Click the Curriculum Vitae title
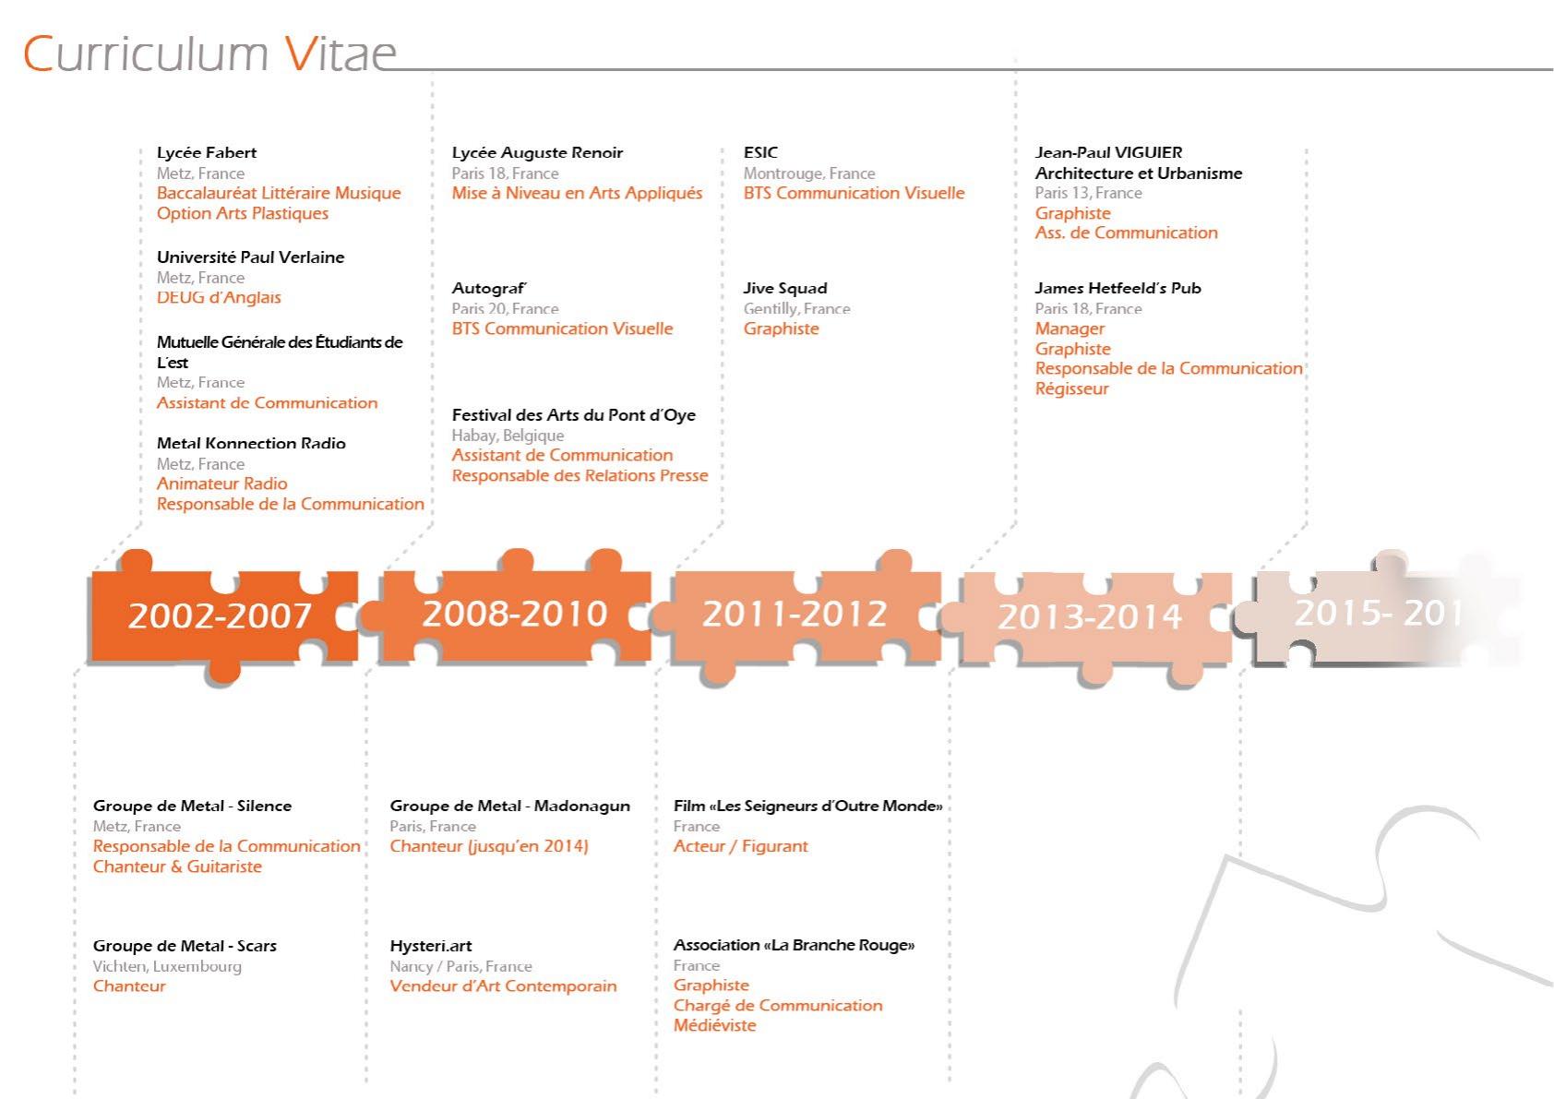pos(209,54)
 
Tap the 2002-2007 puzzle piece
pos(223,615)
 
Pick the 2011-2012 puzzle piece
pos(798,614)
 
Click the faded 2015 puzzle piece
pos(1377,613)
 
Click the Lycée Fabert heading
pos(206,152)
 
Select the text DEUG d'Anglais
pos(219,298)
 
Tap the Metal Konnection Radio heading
pos(251,443)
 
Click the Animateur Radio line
pos(222,484)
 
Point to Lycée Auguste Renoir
pos(537,152)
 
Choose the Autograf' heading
pos(489,288)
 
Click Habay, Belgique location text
pos(508,436)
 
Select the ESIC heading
pos(760,152)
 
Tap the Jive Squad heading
pos(785,288)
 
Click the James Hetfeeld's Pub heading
pos(1118,288)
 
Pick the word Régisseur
pos(1072,388)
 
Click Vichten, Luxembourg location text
pos(167,966)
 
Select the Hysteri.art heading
pos(431,947)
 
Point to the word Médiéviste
pos(714,1025)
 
